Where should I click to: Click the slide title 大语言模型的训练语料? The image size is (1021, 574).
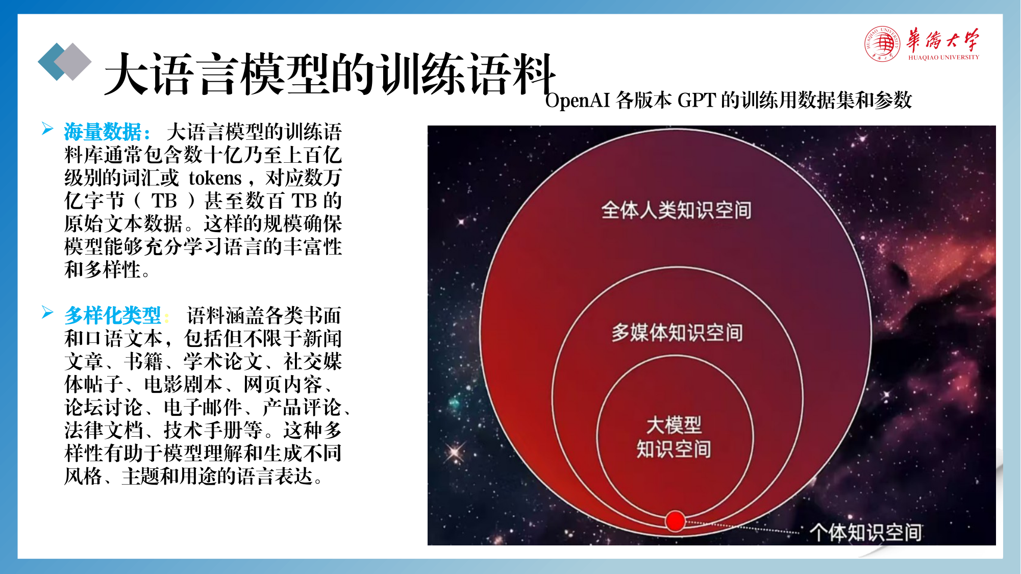[330, 74]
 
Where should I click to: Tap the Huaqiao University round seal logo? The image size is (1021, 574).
[882, 44]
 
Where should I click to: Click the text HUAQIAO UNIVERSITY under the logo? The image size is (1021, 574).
[943, 58]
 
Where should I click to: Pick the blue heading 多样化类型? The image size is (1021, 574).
[113, 316]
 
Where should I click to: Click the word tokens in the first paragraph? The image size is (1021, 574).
[215, 178]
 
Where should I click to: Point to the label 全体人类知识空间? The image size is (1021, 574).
[676, 210]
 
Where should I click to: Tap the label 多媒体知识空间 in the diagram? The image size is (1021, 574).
[677, 333]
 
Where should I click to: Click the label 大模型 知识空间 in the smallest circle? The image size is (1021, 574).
[674, 437]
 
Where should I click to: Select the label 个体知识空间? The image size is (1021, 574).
[865, 532]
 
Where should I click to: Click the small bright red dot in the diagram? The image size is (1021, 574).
[675, 521]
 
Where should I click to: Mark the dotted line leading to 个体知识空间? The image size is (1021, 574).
[742, 527]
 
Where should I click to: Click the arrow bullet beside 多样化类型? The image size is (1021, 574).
[47, 312]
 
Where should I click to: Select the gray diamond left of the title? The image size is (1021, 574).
[72, 62]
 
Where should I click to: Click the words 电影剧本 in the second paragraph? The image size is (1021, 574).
[184, 385]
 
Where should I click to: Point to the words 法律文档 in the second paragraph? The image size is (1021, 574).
[104, 431]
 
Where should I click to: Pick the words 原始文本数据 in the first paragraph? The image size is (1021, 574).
[123, 224]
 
